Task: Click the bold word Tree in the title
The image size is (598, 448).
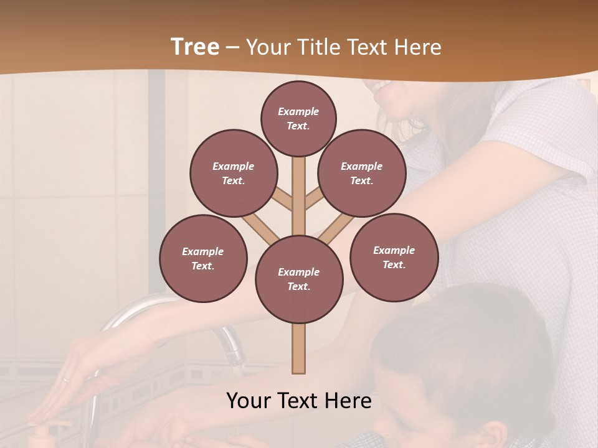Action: [x=195, y=47]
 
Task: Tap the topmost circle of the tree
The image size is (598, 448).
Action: [x=298, y=118]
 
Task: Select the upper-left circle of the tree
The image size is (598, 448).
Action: [x=233, y=173]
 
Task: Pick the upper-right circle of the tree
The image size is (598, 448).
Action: [x=361, y=173]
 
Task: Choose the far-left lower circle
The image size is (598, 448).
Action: [x=203, y=258]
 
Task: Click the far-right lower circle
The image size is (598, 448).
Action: [x=394, y=257]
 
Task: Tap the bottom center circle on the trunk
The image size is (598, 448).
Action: [x=299, y=279]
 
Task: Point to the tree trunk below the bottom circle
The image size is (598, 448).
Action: [x=299, y=348]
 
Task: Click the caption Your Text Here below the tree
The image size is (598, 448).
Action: [x=299, y=401]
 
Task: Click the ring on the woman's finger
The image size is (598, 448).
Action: [x=66, y=379]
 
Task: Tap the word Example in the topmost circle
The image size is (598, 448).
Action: [x=298, y=111]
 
